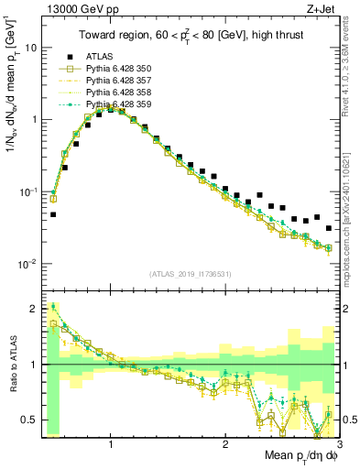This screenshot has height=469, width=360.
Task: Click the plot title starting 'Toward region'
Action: pyautogui.click(x=189, y=36)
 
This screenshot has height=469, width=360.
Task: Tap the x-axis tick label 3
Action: pyautogui.click(x=339, y=444)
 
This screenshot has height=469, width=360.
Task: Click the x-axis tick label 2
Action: pyautogui.click(x=224, y=444)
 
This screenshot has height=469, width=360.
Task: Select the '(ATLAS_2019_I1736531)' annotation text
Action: pyautogui.click(x=190, y=274)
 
